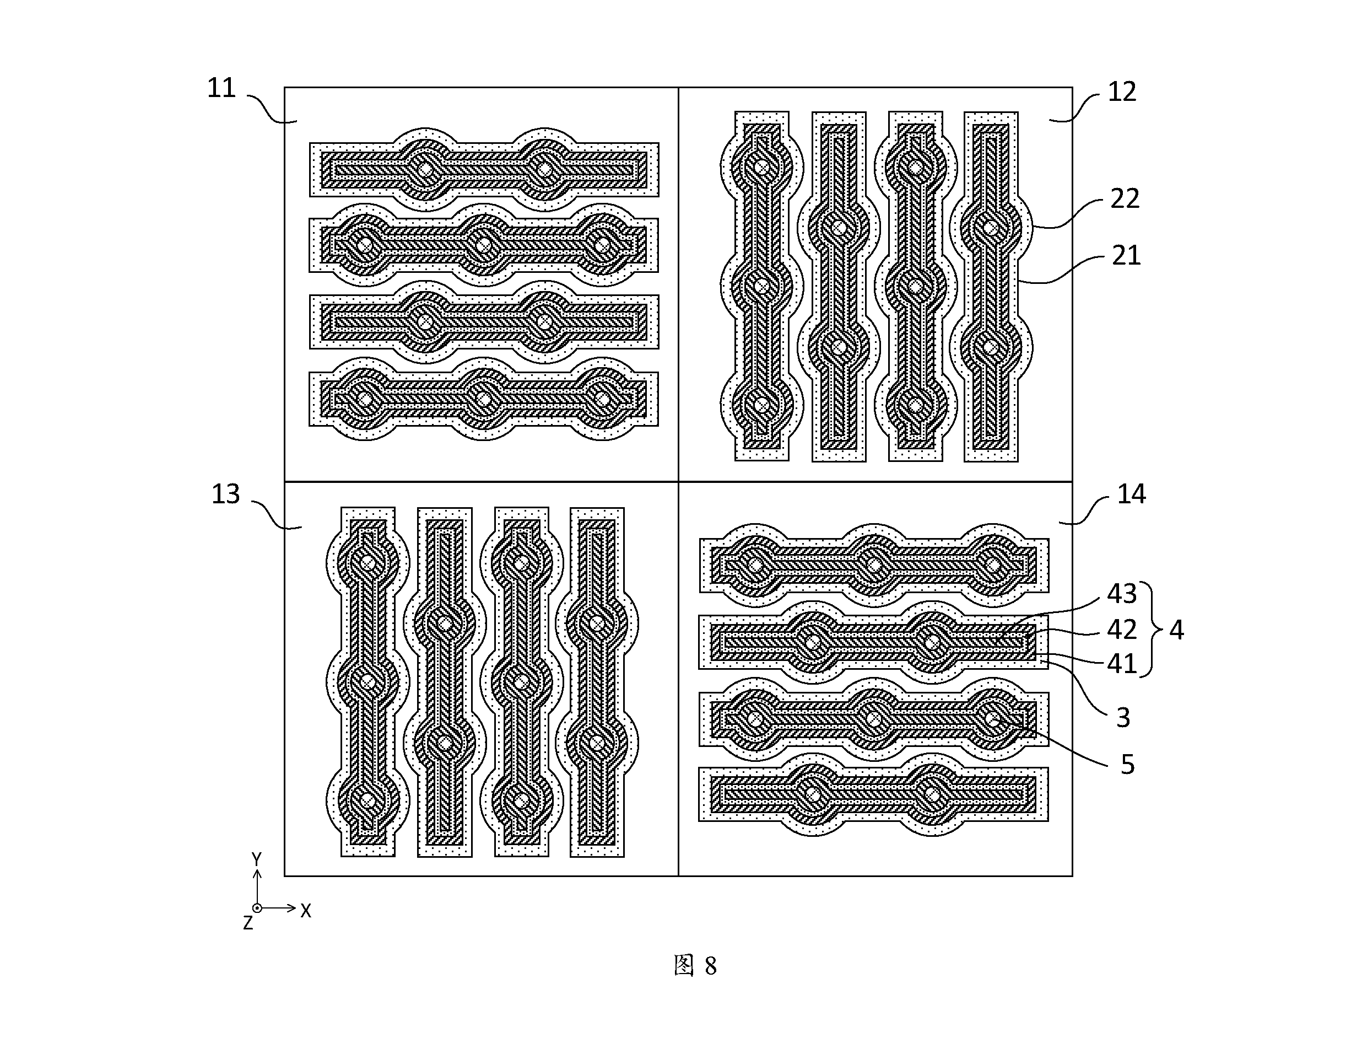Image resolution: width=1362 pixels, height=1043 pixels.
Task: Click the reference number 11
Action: [x=221, y=88]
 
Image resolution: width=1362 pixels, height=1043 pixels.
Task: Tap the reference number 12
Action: [x=1122, y=92]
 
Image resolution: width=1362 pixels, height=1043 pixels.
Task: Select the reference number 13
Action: [x=225, y=494]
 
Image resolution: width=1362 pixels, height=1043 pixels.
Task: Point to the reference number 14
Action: [x=1131, y=494]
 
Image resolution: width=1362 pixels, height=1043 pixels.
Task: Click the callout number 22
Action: [x=1125, y=198]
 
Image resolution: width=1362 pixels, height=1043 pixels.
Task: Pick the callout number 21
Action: [x=1126, y=255]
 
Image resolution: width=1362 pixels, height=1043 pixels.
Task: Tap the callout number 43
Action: [x=1122, y=594]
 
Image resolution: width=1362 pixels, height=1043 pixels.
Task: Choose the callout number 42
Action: [x=1122, y=630]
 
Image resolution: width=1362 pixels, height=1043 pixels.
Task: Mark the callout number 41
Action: [x=1122, y=664]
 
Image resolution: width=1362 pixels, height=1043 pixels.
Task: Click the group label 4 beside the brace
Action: [x=1176, y=630]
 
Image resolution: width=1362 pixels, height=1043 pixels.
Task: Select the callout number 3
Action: [x=1123, y=718]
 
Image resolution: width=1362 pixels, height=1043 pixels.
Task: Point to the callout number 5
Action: [x=1127, y=764]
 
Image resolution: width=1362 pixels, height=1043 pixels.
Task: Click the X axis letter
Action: [x=306, y=911]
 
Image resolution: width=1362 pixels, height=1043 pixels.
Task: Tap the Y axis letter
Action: [x=257, y=859]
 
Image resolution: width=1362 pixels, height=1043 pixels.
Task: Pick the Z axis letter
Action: [x=247, y=923]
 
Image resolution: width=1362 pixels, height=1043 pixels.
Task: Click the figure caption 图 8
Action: [x=695, y=966]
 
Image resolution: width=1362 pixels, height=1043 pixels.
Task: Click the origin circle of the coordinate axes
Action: [x=257, y=907]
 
